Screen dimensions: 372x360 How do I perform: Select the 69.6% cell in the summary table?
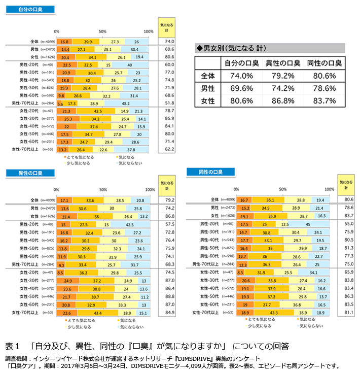tap(238, 88)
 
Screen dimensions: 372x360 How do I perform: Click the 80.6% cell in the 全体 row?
tap(325, 76)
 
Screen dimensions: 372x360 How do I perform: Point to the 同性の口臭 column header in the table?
tap(325, 63)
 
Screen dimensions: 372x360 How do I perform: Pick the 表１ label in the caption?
tap(12, 347)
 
